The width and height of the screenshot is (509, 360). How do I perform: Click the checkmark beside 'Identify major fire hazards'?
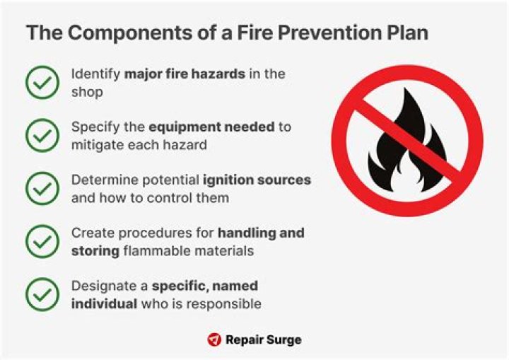point(42,83)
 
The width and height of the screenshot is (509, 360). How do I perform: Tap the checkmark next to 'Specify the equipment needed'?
point(42,136)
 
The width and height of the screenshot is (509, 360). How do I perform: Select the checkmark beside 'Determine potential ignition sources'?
point(42,189)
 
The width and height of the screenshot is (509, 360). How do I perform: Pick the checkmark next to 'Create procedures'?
point(42,242)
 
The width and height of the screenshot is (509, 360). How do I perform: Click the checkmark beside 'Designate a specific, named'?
point(42,295)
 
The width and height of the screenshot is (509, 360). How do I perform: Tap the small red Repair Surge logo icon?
point(214,340)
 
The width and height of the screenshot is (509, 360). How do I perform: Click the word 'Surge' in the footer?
point(283,340)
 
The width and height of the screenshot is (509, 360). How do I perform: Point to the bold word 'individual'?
point(103,304)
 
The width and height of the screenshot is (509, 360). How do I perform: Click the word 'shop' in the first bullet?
point(86,92)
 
